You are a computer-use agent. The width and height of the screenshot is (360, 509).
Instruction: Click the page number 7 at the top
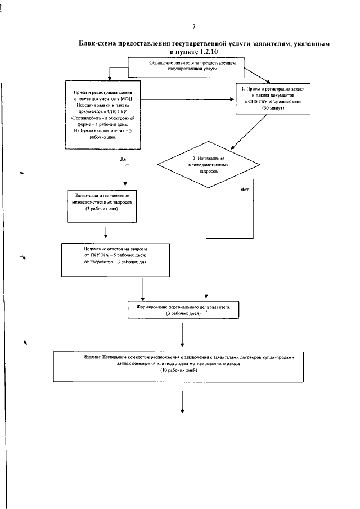193,26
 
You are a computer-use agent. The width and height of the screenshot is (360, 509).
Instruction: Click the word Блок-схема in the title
102,43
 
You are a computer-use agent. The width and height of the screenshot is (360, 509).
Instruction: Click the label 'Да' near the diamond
123,159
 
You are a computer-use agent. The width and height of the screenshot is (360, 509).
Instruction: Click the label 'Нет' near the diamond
244,189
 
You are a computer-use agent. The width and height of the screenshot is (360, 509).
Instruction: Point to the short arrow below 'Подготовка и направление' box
106,232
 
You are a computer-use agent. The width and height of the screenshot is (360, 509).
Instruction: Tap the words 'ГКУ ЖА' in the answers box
100,254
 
